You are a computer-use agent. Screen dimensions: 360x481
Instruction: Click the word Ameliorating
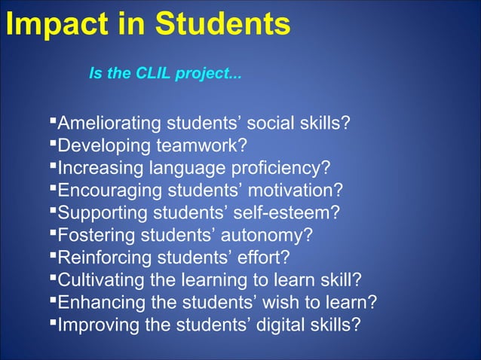[x=110, y=123]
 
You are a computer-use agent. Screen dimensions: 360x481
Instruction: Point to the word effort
[x=265, y=258]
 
